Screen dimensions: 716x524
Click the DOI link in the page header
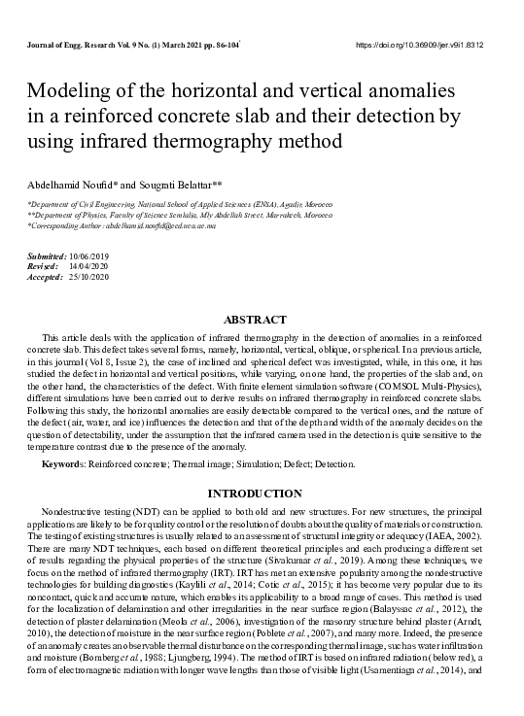(434, 46)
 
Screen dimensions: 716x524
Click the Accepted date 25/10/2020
(88, 277)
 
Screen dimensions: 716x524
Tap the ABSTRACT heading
(255, 320)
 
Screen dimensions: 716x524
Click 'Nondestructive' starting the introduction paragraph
(75, 511)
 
